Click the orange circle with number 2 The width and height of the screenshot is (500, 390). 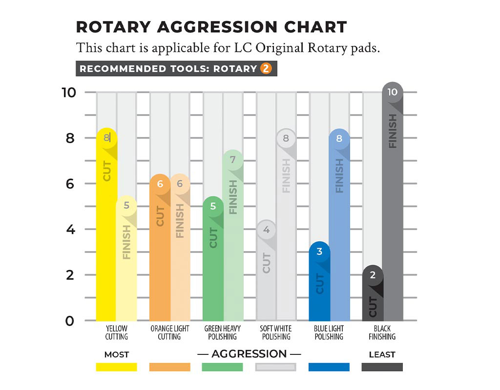click(x=266, y=69)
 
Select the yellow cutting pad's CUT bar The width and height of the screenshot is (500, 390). click(x=106, y=229)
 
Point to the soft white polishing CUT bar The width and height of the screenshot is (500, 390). click(x=267, y=273)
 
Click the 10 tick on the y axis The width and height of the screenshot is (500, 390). click(x=68, y=92)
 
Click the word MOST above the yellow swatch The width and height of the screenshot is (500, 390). click(x=116, y=354)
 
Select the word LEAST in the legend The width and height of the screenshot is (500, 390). click(x=382, y=354)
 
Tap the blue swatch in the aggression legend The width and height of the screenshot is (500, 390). click(x=329, y=367)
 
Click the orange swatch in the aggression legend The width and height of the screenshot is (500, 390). click(x=169, y=367)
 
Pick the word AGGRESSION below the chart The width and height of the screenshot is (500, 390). click(x=249, y=354)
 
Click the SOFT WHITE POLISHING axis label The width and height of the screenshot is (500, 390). click(x=275, y=332)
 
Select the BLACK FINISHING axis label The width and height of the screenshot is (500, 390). click(x=382, y=332)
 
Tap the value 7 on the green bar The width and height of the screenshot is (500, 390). click(x=233, y=159)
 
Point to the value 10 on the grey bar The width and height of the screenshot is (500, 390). click(x=393, y=92)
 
